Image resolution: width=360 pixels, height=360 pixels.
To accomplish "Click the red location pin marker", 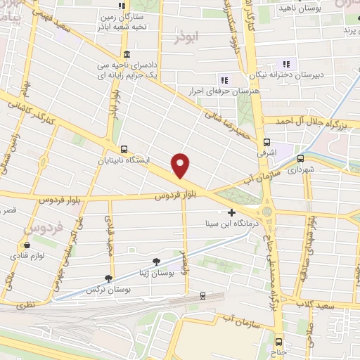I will [x=181, y=165].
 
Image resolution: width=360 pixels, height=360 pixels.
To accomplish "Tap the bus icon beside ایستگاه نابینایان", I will [x=124, y=149].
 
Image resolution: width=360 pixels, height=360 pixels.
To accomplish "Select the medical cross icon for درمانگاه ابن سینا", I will [x=232, y=212].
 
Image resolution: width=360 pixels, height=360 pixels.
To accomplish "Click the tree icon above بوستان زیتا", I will [x=146, y=261].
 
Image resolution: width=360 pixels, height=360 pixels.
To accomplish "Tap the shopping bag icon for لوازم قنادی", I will [x=27, y=245].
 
